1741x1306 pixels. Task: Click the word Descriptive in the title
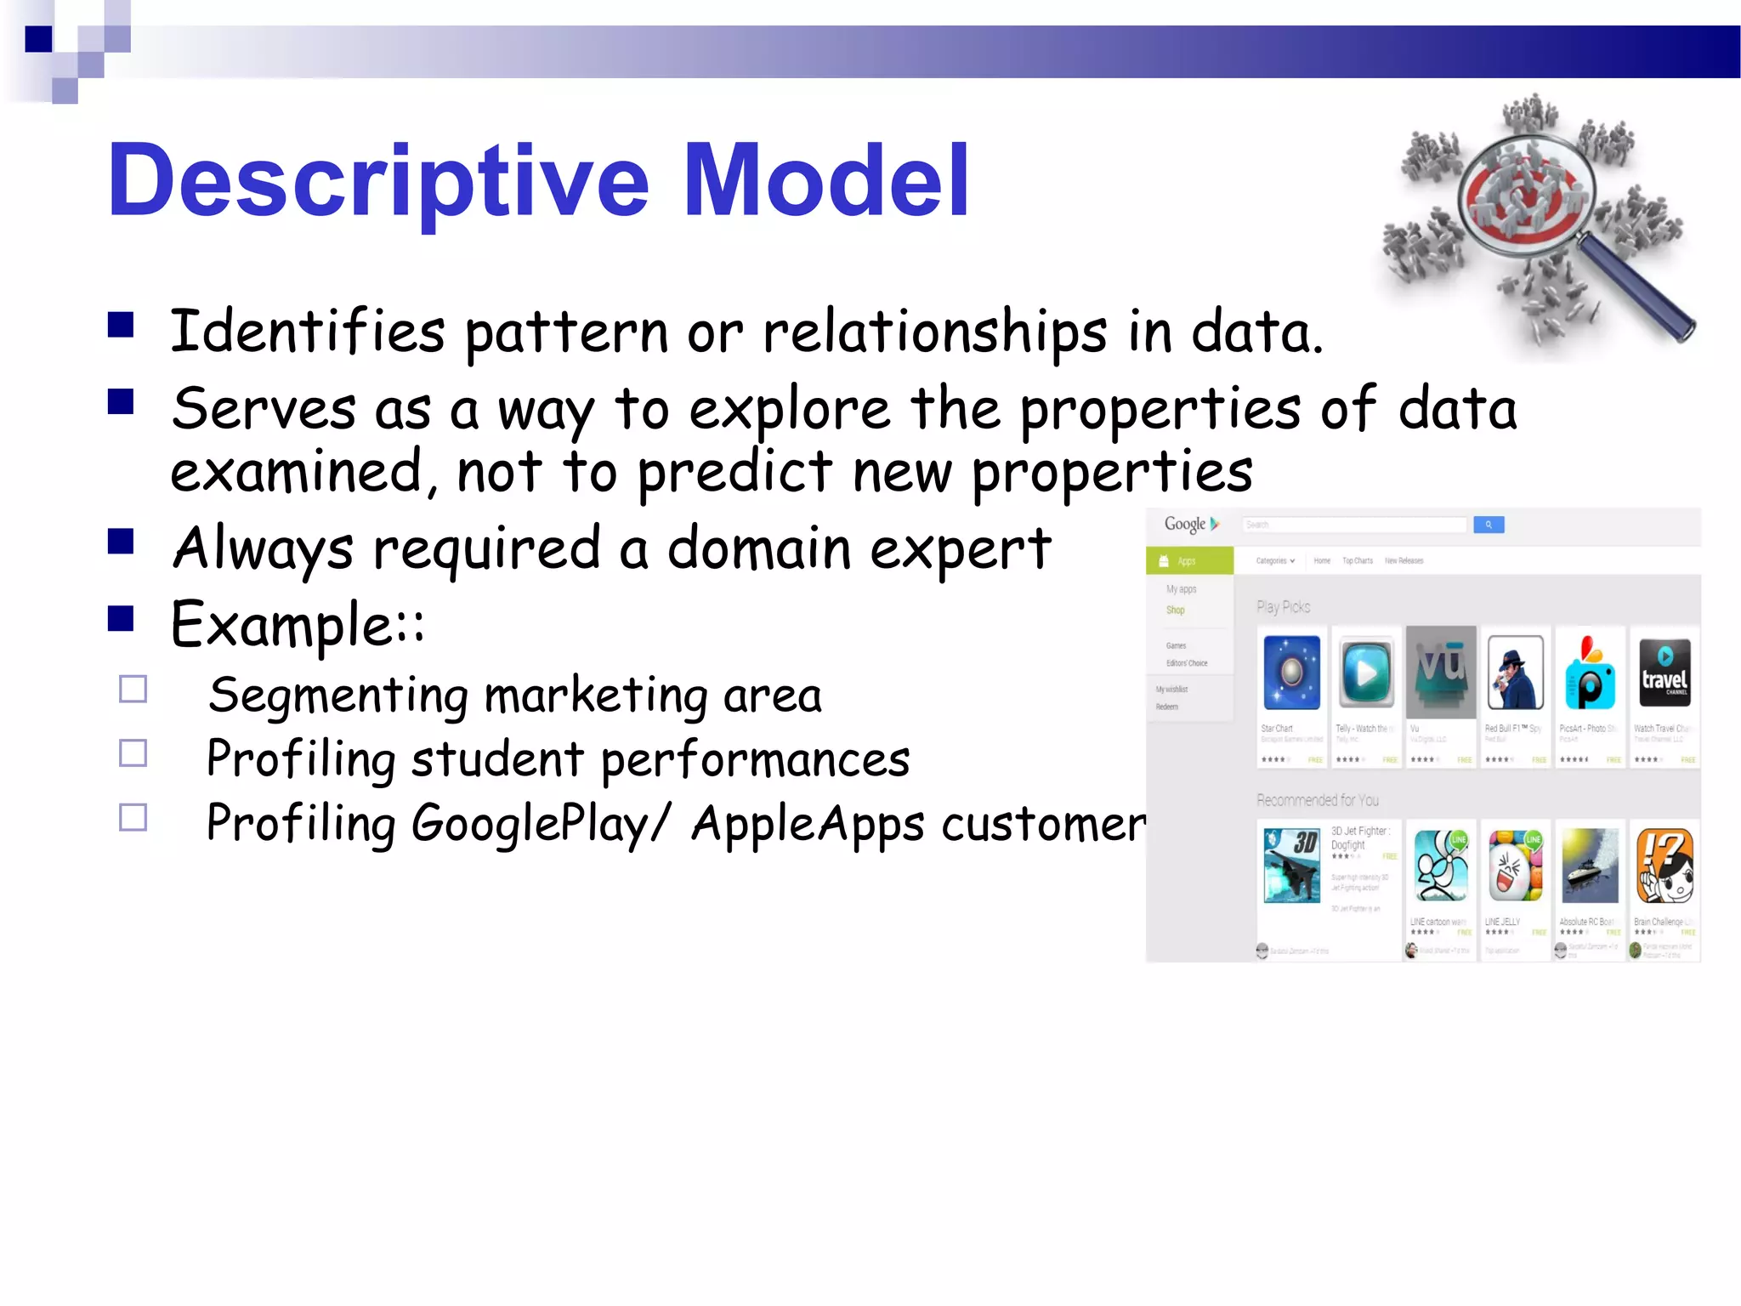(378, 181)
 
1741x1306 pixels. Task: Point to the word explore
(789, 410)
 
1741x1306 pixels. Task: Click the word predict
(734, 473)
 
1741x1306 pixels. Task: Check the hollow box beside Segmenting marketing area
(133, 689)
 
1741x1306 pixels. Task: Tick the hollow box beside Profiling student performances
(133, 753)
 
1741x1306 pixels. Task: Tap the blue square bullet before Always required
(122, 542)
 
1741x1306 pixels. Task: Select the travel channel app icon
(1664, 673)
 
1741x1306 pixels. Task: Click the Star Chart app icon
(1291, 673)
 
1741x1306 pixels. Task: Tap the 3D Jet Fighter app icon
(1291, 865)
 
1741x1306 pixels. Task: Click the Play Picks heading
(1283, 607)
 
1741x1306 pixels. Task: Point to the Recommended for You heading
(1317, 800)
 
